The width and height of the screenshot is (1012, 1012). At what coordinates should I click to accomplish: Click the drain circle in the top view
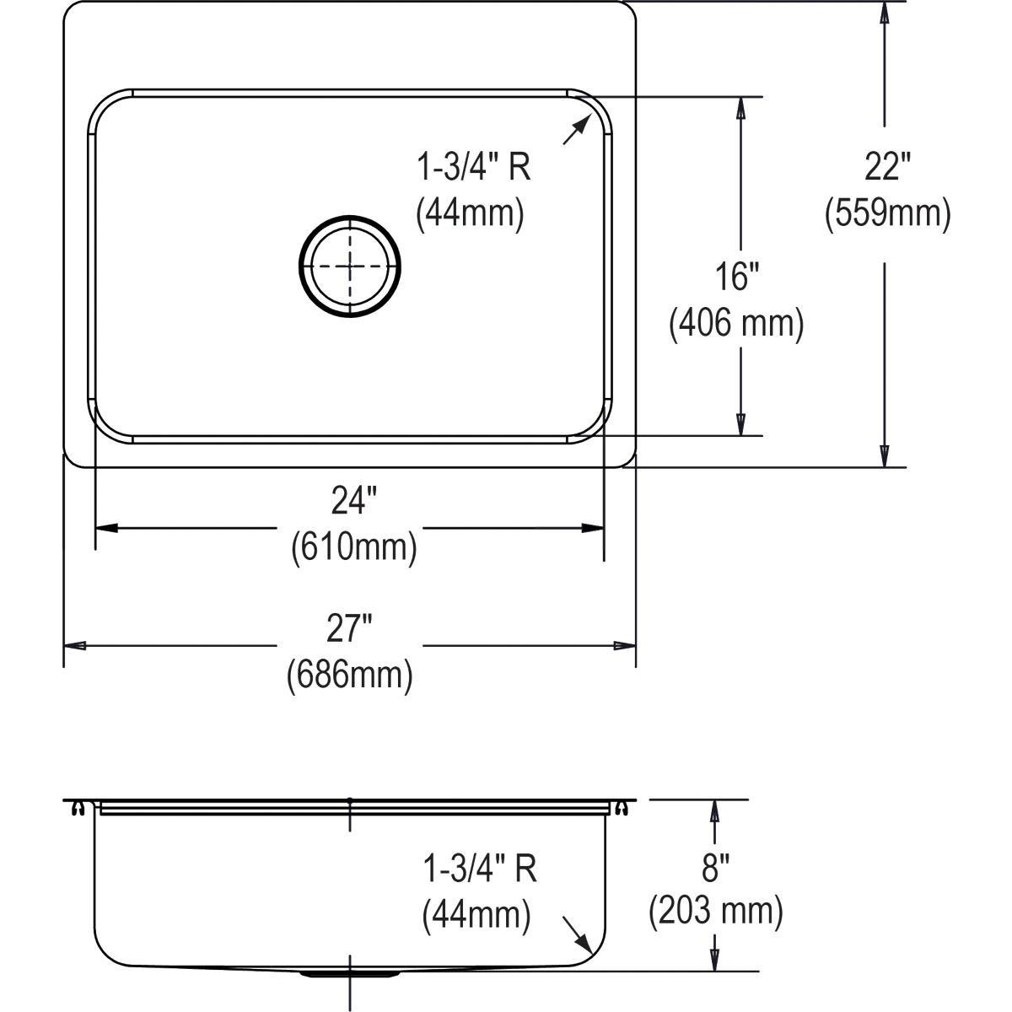pos(350,266)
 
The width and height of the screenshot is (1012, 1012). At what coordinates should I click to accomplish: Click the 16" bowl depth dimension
pos(736,277)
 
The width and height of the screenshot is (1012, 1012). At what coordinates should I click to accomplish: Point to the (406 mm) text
pos(736,323)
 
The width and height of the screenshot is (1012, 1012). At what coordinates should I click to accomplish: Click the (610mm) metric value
pos(354,548)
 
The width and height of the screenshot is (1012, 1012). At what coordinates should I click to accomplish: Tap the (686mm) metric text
pos(350,675)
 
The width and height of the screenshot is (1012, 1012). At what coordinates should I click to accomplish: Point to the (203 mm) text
pos(716,911)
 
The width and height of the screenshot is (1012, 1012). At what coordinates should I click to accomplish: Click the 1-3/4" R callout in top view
pos(474,168)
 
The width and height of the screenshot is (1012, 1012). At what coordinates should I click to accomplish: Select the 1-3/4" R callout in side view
pos(480,869)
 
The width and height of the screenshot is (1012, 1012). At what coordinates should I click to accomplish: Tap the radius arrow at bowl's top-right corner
pos(576,131)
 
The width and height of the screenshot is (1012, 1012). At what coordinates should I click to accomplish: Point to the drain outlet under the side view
pos(349,973)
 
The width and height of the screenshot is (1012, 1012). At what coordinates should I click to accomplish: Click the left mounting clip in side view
pos(78,809)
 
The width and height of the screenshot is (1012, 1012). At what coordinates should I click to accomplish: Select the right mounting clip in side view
pos(622,809)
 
